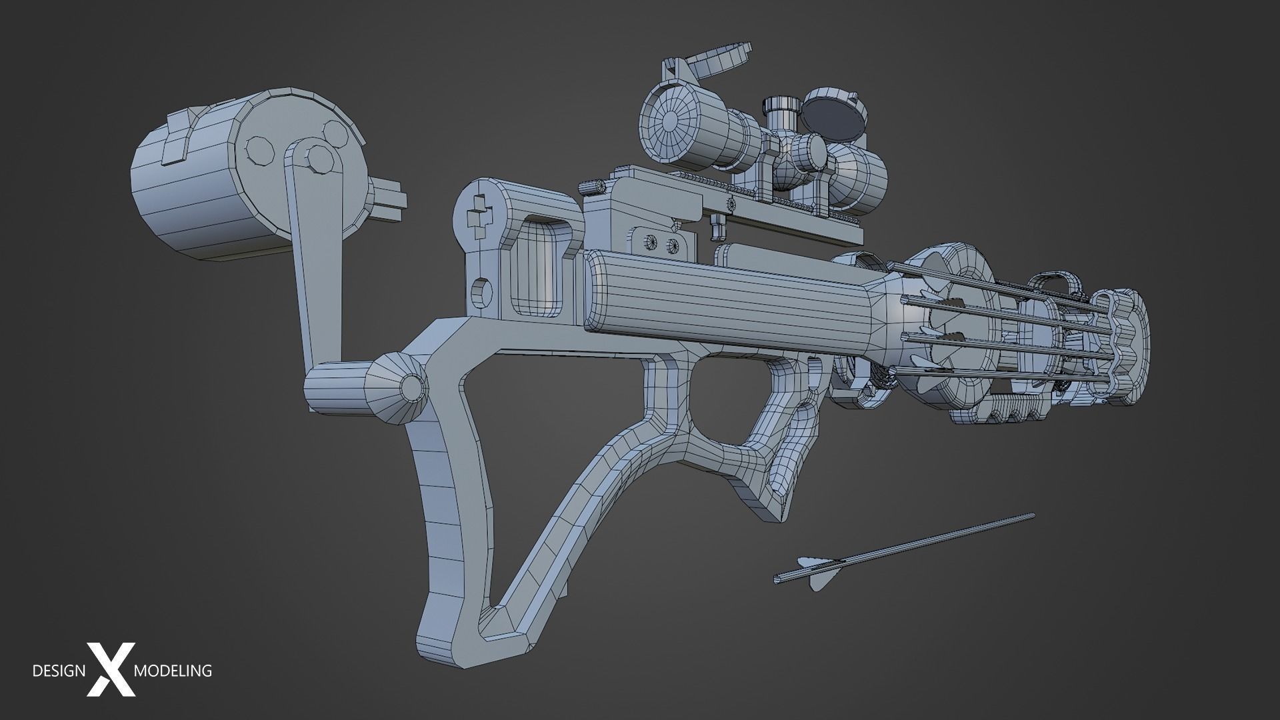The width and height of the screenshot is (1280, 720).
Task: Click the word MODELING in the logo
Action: coord(173,670)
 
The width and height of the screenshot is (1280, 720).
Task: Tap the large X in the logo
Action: coord(111,670)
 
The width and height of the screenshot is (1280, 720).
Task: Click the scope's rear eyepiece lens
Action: coord(670,121)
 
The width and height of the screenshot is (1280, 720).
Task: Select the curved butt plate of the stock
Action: coord(440,533)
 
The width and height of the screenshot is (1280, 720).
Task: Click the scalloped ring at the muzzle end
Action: coord(1127,347)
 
